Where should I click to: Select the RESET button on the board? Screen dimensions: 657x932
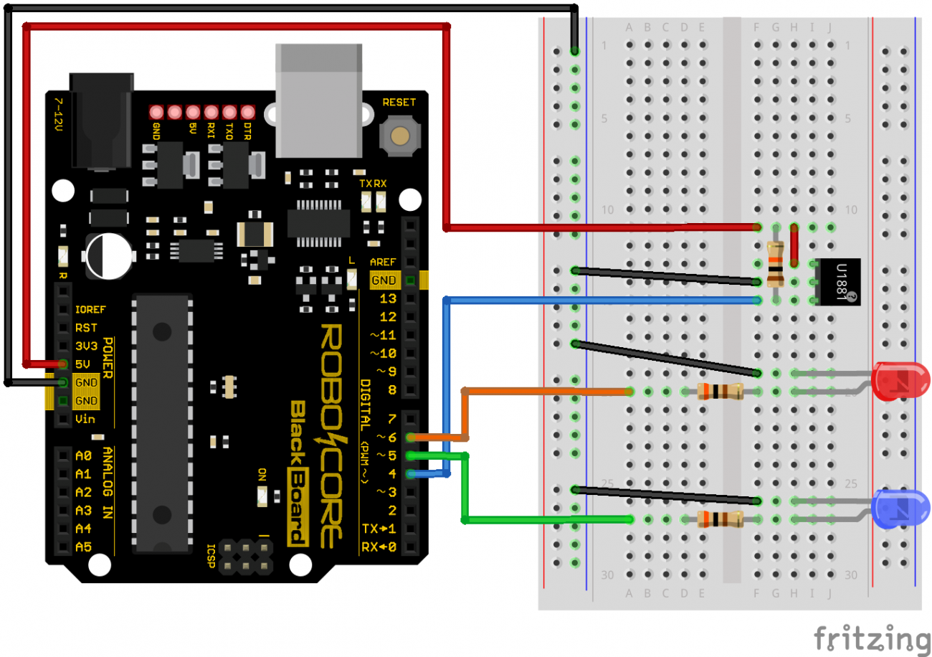399,135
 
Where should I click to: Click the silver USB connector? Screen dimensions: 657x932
319,100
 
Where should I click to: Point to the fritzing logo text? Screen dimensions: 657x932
871,637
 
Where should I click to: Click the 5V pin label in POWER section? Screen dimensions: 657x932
82,364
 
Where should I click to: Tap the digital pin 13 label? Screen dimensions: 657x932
388,298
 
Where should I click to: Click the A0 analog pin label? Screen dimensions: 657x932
83,455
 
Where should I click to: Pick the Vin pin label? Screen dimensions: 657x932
85,419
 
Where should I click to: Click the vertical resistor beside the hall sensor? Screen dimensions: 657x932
776,264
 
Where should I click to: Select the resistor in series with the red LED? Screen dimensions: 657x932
720,391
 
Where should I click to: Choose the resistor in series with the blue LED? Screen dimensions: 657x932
720,519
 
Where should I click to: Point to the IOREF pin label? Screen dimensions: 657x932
90,310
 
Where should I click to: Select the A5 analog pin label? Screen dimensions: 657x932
83,547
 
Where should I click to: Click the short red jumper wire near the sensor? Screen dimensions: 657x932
794,245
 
